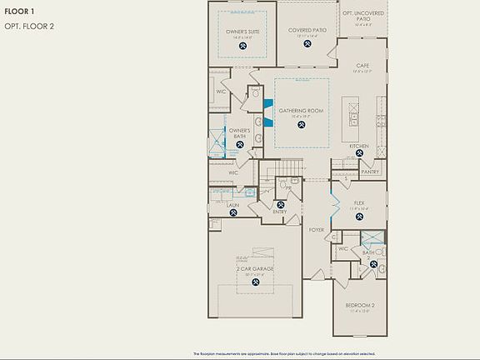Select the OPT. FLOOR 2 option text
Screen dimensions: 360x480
[31, 26]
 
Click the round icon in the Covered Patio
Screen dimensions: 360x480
[306, 44]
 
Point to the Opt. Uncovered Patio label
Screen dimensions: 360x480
[364, 14]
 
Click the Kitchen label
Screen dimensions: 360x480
[359, 146]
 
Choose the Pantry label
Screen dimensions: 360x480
[370, 172]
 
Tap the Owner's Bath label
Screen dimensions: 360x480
[240, 132]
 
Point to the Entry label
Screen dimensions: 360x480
[279, 212]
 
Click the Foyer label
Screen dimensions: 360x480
[317, 229]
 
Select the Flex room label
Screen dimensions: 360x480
[360, 202]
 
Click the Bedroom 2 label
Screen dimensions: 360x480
[360, 305]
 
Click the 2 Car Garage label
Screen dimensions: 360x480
[254, 270]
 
